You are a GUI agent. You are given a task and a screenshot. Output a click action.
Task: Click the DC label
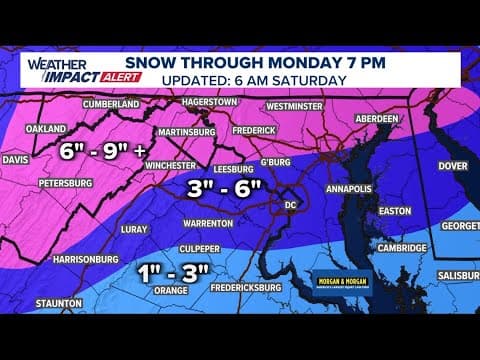coord(291,201)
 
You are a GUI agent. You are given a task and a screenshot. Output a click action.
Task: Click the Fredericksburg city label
coord(228,286)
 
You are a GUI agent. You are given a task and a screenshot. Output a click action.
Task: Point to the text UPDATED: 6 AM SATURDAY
coord(270,80)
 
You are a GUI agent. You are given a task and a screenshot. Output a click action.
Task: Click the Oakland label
coord(45,128)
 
